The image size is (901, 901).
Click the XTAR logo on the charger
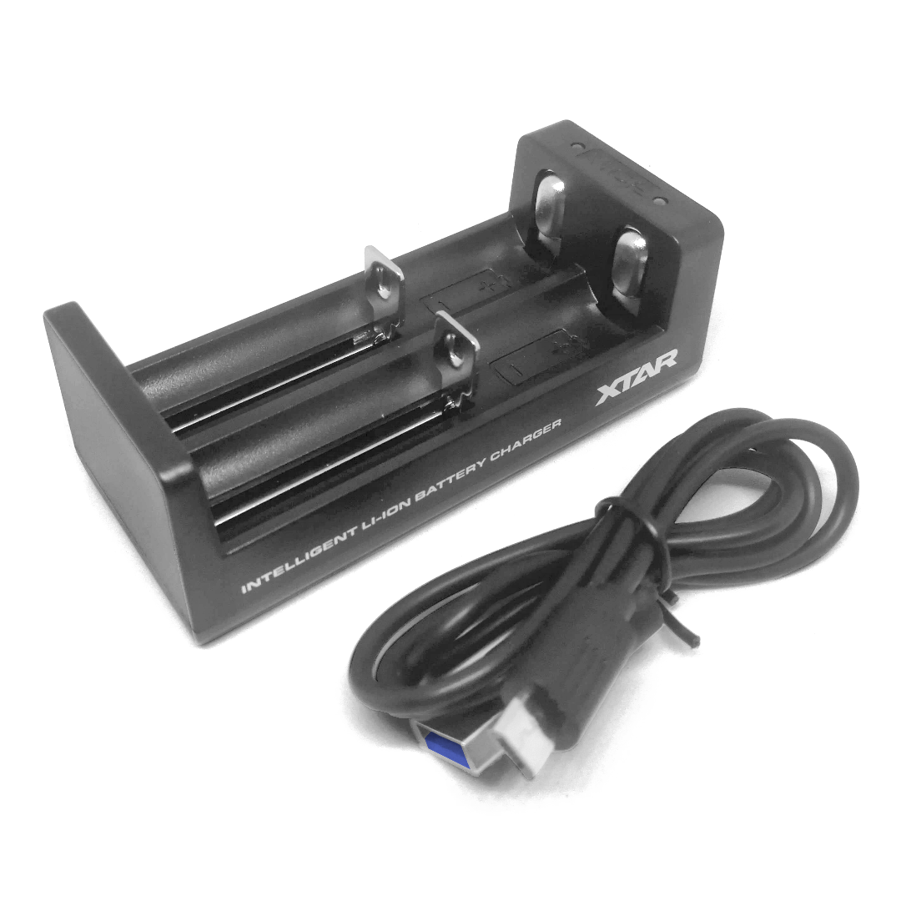pos(637,377)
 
